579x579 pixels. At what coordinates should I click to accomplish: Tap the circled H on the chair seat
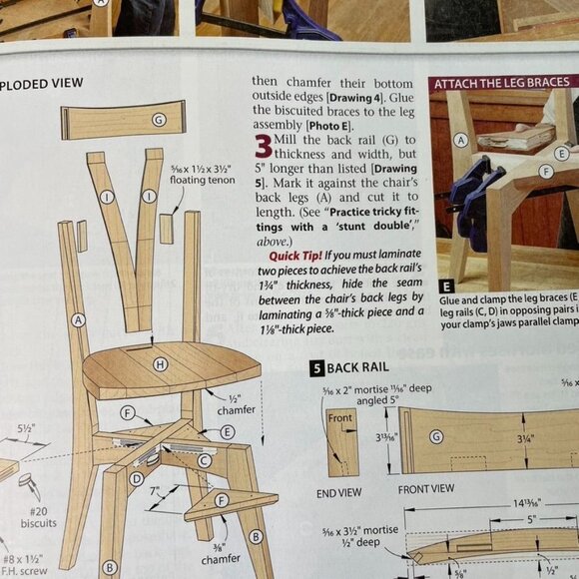(160, 365)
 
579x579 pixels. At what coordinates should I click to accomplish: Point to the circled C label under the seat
(204, 461)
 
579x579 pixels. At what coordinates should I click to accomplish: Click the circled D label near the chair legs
(136, 478)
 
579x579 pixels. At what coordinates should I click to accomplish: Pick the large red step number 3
(263, 147)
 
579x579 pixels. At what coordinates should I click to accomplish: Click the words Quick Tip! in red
(283, 254)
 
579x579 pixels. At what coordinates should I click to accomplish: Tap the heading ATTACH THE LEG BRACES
(501, 83)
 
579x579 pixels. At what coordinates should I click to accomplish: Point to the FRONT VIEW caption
(426, 490)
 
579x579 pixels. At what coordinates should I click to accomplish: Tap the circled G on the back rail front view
(435, 437)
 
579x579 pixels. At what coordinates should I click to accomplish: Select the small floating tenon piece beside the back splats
(166, 229)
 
